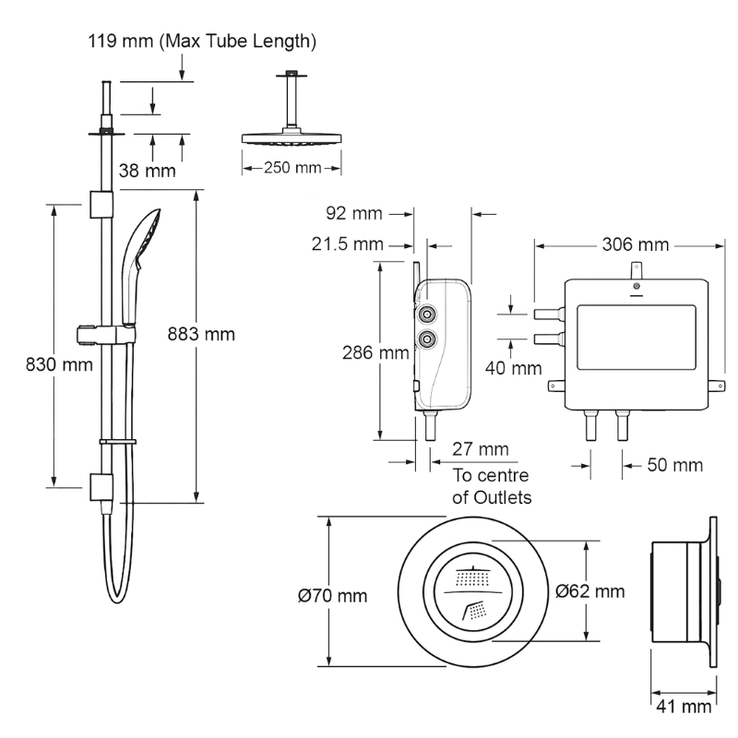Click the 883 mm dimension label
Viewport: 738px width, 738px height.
201,334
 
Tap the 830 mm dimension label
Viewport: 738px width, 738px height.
59,364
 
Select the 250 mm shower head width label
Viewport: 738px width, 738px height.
292,168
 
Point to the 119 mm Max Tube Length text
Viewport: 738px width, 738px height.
202,41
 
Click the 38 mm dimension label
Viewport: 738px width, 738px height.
148,171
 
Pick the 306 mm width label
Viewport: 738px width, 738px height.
636,244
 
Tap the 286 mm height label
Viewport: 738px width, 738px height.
375,352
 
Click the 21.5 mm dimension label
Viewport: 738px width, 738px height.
348,244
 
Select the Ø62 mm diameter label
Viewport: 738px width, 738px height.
590,591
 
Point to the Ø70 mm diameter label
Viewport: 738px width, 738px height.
332,596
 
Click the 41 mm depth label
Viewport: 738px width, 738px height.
684,706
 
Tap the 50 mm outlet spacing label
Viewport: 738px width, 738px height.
675,465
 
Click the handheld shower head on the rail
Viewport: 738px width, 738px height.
140,266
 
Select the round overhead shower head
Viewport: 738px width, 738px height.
292,137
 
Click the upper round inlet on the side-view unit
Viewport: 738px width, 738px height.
427,314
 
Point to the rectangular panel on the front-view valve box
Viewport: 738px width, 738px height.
637,337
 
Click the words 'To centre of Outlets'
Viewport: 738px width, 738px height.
492,486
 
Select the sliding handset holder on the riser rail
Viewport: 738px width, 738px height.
106,334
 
